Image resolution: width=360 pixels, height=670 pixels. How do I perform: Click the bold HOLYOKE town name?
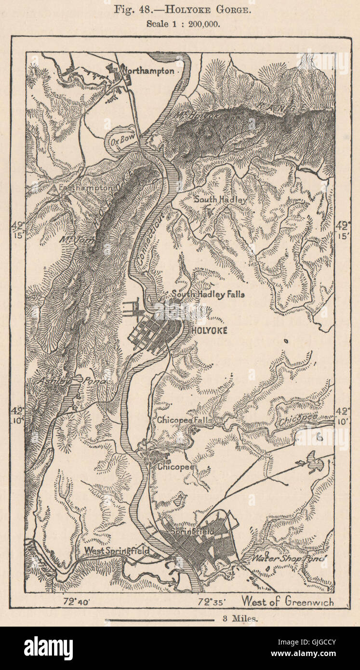(209, 331)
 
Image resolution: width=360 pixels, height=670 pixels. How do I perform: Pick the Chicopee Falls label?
(185, 420)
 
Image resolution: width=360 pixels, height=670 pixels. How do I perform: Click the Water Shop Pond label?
(288, 558)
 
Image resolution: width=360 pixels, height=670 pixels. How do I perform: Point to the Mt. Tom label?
(74, 239)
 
